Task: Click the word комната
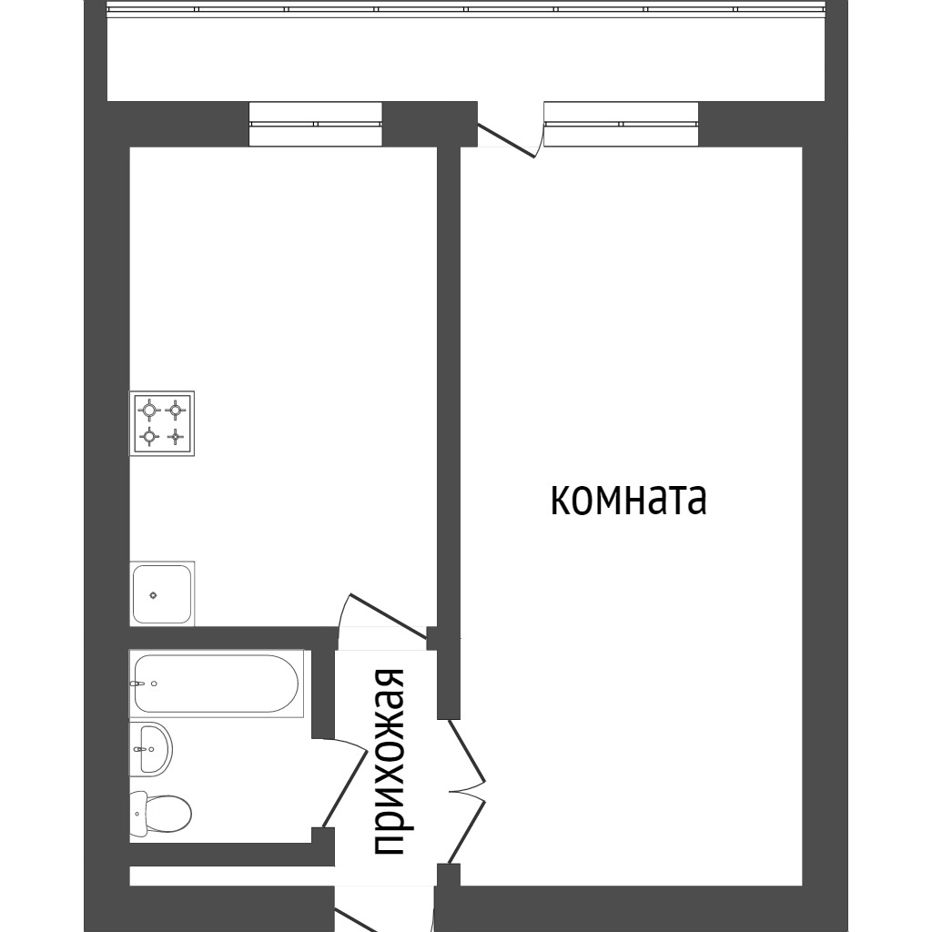(628, 500)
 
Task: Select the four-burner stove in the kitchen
(162, 424)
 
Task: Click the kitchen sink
(162, 594)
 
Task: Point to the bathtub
(216, 684)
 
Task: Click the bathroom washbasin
(150, 748)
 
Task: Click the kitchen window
(315, 124)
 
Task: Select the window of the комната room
(621, 124)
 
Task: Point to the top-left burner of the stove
(148, 410)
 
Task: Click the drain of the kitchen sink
(153, 595)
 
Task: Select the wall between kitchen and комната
(448, 382)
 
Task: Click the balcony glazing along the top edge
(466, 10)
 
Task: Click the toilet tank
(137, 814)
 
